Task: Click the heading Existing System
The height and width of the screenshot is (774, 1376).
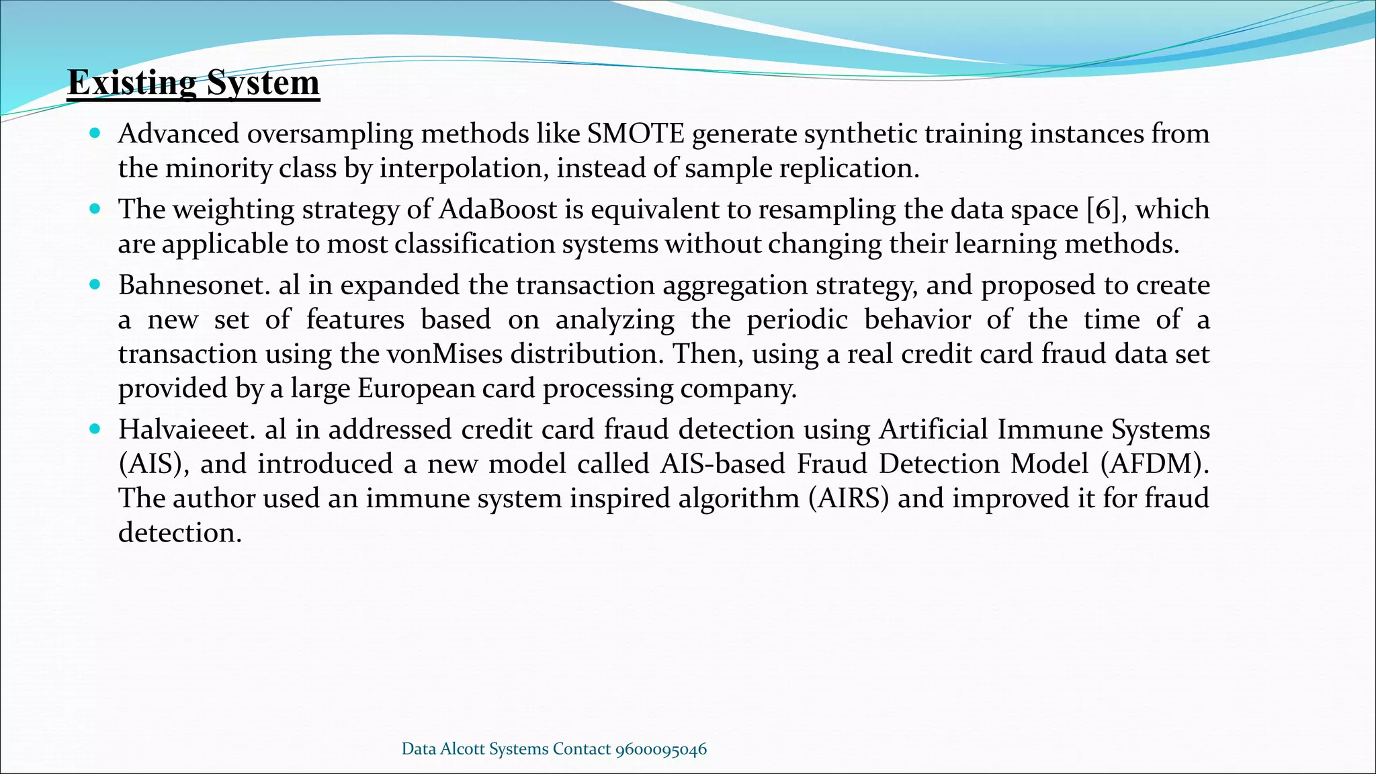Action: tap(193, 83)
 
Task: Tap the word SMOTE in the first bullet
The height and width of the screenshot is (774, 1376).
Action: tap(636, 134)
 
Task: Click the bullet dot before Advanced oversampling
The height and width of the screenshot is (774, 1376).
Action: tap(95, 134)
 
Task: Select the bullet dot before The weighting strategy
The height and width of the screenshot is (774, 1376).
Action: tap(95, 209)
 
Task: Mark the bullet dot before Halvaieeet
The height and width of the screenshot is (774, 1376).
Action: tap(95, 429)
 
